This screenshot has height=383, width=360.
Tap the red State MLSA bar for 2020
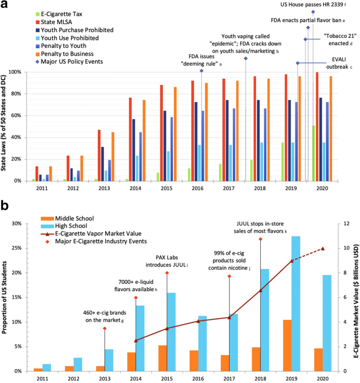pos(317,126)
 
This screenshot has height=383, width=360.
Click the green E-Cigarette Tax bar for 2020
pos(314,153)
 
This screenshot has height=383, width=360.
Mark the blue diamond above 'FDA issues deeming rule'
pos(201,71)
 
